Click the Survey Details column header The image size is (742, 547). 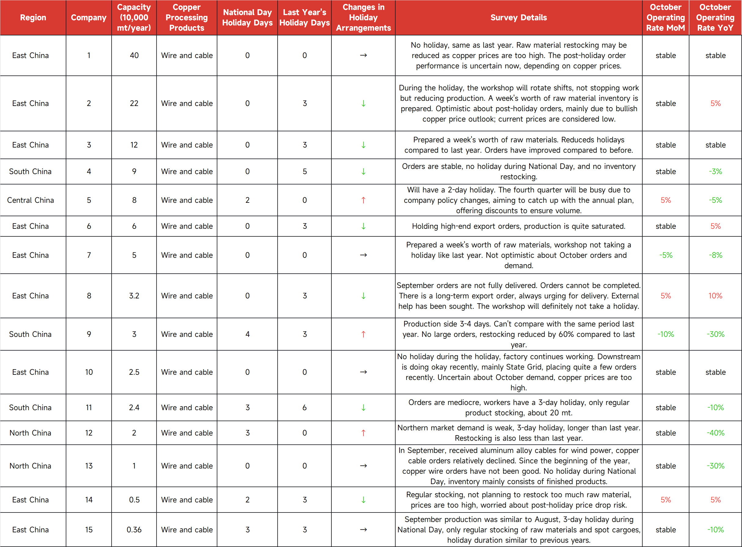point(518,17)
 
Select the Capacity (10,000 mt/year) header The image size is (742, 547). point(134,17)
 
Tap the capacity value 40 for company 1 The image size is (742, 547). point(134,55)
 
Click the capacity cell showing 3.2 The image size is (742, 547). point(134,296)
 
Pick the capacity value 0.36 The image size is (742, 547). point(134,530)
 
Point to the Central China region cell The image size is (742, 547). point(31,200)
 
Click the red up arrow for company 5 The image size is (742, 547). point(363,200)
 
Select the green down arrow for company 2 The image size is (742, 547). point(363,103)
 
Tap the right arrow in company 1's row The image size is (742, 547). point(363,55)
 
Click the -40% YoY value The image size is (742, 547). point(715,433)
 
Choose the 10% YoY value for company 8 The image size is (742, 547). point(715,296)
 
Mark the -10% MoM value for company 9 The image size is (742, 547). point(666,334)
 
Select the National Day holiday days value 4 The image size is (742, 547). point(247,334)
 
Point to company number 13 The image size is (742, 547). point(89,465)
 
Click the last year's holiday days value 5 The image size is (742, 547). point(304,172)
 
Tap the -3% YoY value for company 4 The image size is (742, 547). point(715,172)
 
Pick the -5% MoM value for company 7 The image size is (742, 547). point(666,255)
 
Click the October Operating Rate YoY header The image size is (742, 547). point(715,17)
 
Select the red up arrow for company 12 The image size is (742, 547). point(363,433)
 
